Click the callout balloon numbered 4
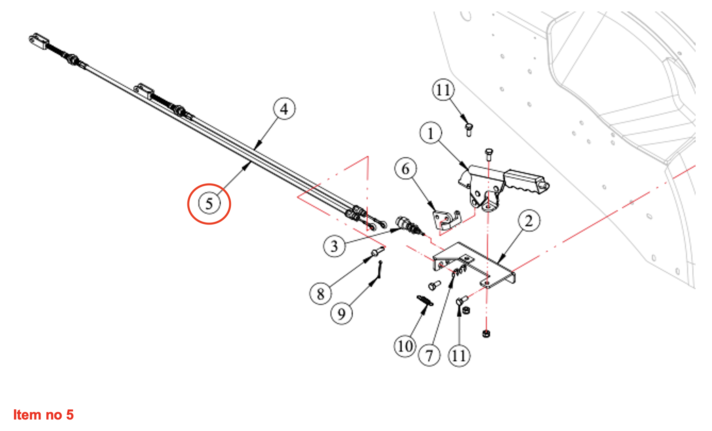(284, 109)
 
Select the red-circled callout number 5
(209, 204)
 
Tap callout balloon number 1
(430, 133)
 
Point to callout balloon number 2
(529, 221)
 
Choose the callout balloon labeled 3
(334, 246)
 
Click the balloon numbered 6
(405, 168)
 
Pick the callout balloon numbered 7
(429, 355)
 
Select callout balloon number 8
(320, 293)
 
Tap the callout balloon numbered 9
(341, 314)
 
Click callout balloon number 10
(405, 346)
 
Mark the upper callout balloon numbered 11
(443, 90)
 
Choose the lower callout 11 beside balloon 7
(459, 355)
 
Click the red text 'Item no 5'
(43, 415)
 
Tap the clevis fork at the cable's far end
(39, 41)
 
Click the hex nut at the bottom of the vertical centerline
(486, 333)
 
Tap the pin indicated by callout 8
(377, 252)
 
